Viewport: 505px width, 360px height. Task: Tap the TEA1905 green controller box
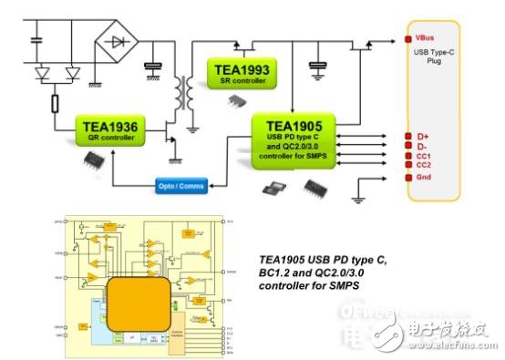[x=294, y=138]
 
